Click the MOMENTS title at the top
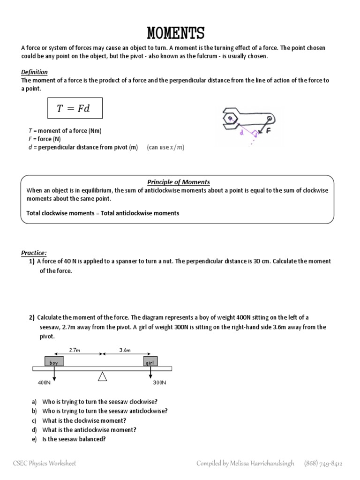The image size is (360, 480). click(x=176, y=34)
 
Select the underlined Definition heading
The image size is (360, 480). click(x=34, y=72)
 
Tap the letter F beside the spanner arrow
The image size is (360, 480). click(x=269, y=132)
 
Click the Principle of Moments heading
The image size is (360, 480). click(x=179, y=182)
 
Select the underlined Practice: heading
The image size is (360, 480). click(x=34, y=253)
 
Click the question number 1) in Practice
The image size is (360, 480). click(x=32, y=262)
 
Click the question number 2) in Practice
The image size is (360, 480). click(x=32, y=318)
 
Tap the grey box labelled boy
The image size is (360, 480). click(x=54, y=361)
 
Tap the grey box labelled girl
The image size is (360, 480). click(x=150, y=361)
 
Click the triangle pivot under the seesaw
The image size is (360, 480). click(x=102, y=376)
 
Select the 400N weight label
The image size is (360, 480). click(x=44, y=383)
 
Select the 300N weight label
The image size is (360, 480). click(x=159, y=383)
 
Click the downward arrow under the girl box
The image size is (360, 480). click(x=150, y=373)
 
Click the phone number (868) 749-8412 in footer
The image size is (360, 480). click(x=323, y=464)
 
